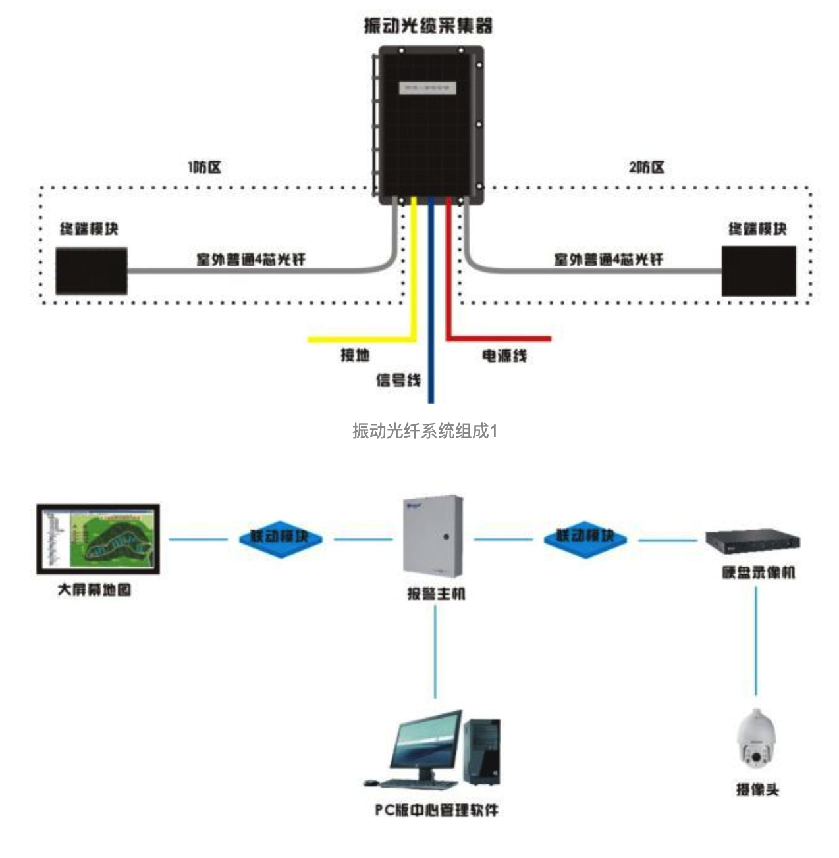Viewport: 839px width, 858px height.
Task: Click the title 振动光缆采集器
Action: point(428,26)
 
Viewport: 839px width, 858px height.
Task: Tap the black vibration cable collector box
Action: point(431,125)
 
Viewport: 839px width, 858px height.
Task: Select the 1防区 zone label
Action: point(204,167)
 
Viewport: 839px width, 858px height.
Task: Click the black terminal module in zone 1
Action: point(92,270)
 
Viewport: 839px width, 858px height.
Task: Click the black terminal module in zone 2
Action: point(759,271)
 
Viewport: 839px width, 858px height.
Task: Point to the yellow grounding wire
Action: point(414,276)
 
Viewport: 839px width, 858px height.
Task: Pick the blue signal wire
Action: point(431,316)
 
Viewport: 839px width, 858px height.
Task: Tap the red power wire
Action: point(449,276)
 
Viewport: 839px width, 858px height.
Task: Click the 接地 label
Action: point(355,355)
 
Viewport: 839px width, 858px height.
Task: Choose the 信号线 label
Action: point(398,380)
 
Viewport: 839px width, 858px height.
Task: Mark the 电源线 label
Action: point(504,356)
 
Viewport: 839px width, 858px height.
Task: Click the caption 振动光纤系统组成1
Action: point(425,431)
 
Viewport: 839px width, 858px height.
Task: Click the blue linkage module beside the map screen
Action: point(281,538)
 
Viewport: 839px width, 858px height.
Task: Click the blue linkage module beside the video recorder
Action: point(585,538)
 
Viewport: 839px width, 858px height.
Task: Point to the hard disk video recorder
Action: point(753,542)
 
